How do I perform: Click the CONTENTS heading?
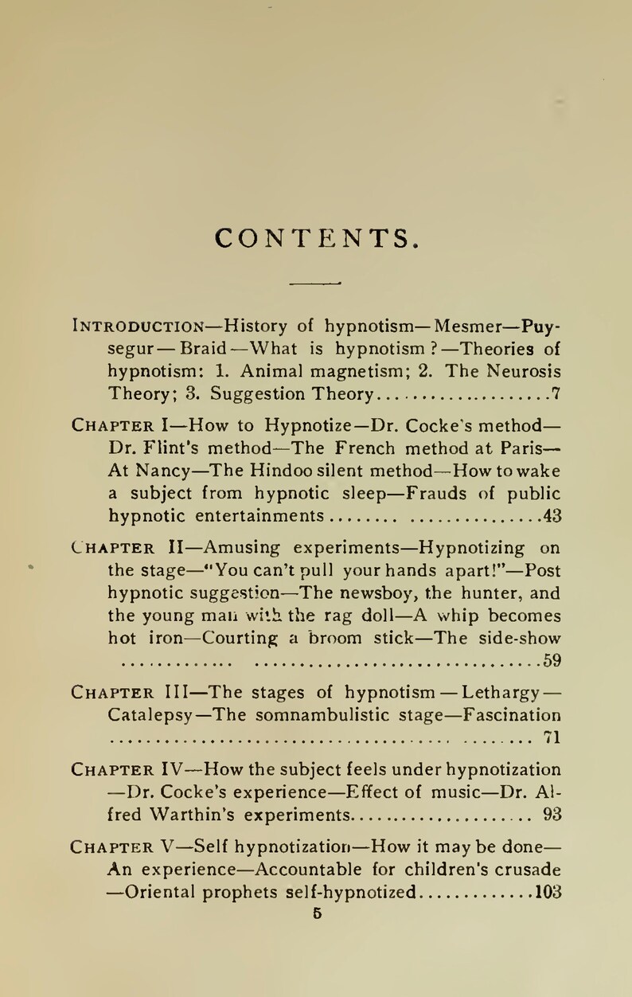coord(316,237)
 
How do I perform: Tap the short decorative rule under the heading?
coord(315,282)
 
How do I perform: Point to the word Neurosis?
coord(522,371)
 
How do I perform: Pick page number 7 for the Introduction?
coord(557,394)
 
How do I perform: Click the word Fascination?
coord(513,714)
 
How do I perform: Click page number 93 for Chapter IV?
coord(552,815)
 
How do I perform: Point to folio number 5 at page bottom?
coord(317,916)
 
